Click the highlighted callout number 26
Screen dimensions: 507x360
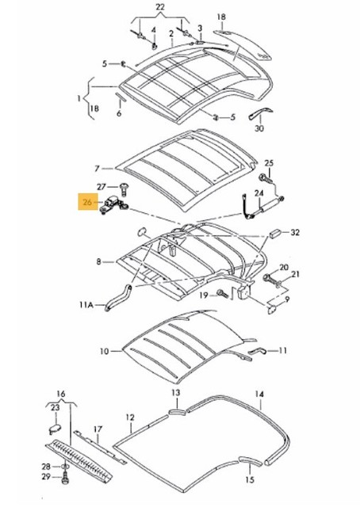[86, 202]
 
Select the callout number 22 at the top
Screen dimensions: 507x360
[162, 7]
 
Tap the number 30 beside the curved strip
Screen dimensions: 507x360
[259, 128]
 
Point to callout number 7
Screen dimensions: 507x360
[98, 168]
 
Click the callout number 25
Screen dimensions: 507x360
[269, 163]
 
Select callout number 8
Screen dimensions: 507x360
[98, 261]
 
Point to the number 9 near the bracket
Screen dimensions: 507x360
[287, 300]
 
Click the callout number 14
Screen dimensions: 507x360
[259, 394]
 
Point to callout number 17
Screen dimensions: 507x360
[98, 431]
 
